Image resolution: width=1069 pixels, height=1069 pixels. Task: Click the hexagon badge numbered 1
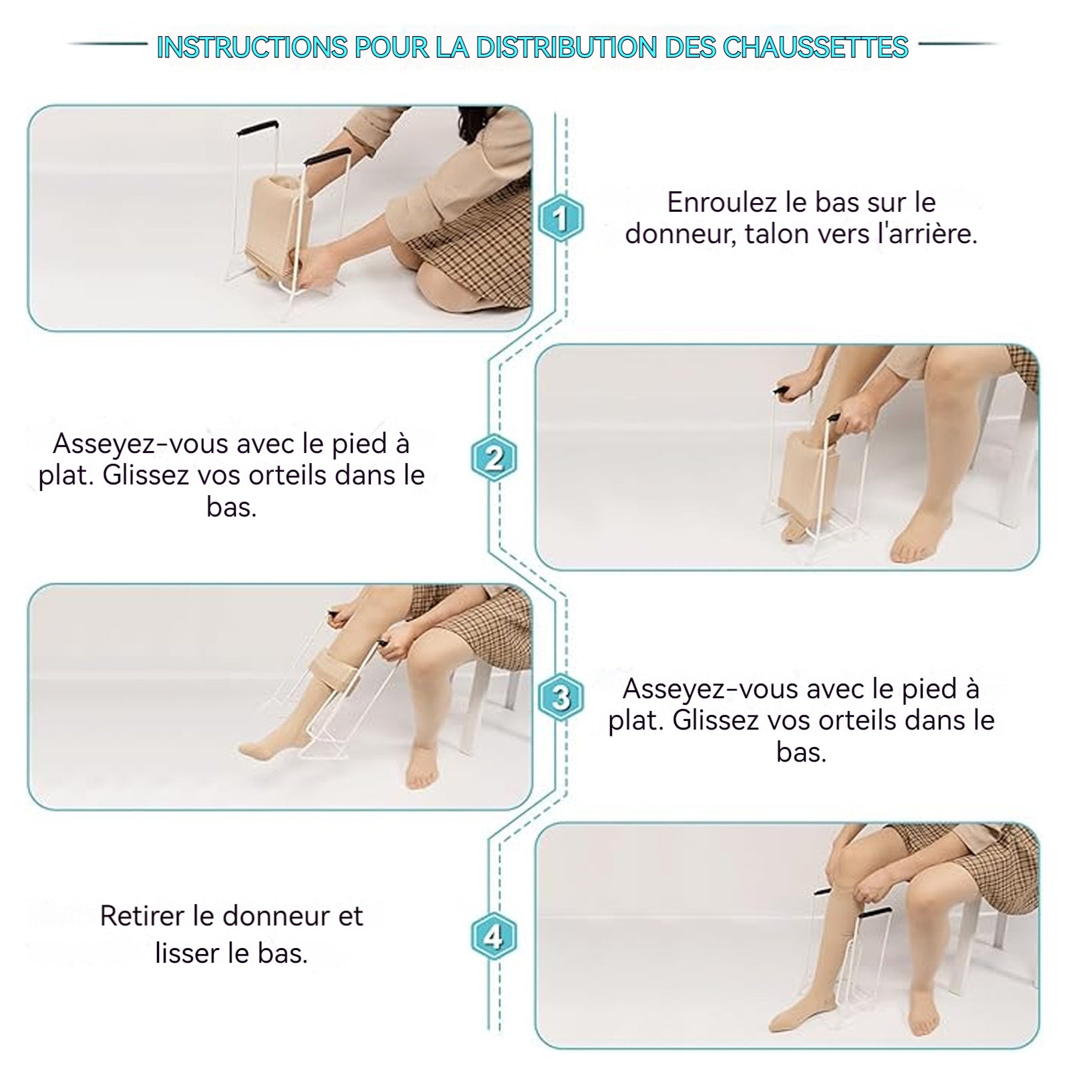point(561,218)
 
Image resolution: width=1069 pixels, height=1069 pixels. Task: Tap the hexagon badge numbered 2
point(494,458)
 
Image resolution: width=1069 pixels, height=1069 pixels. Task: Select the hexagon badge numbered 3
point(561,698)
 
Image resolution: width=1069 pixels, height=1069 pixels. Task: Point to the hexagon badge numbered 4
point(494,936)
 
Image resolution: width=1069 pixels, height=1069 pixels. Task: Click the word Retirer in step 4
point(142,916)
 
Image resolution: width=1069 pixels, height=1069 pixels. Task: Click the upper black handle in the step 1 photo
point(259,126)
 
